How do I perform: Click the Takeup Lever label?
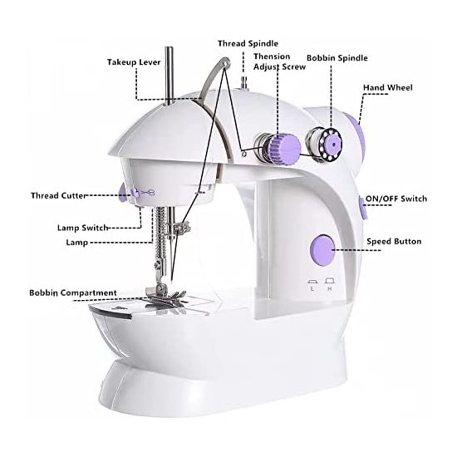click(x=134, y=62)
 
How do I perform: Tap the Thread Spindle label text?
click(x=248, y=44)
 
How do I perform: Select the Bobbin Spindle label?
click(x=337, y=58)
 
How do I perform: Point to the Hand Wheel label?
click(x=388, y=87)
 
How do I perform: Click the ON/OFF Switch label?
click(x=396, y=199)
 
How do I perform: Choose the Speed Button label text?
click(x=394, y=241)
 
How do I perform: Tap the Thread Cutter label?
click(x=59, y=195)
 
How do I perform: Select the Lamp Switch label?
click(x=82, y=228)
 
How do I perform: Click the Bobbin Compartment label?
click(x=73, y=292)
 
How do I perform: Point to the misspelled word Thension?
click(x=272, y=57)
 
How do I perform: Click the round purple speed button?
click(x=322, y=251)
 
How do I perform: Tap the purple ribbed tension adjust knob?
click(x=284, y=147)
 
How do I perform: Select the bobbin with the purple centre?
click(x=325, y=144)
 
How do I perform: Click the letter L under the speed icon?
click(x=312, y=289)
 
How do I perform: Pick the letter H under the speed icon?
click(x=330, y=289)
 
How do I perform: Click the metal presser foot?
click(x=165, y=297)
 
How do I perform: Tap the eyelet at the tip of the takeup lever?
click(x=225, y=62)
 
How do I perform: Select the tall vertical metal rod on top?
click(x=169, y=76)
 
